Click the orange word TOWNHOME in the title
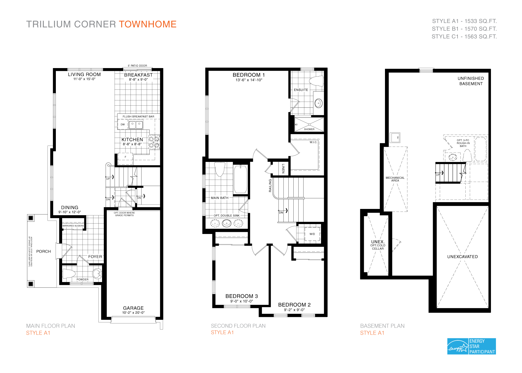point(148,24)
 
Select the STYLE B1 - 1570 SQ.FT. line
point(464,29)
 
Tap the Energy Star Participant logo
point(471,346)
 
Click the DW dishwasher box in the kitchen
point(123,124)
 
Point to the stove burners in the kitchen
point(154,142)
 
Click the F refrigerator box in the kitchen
point(125,157)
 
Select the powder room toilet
point(69,274)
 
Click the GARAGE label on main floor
point(133,308)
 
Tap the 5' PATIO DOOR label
point(137,66)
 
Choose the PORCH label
point(44,251)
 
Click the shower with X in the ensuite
point(309,124)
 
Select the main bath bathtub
point(240,179)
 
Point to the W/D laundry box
point(312,234)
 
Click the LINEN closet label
point(283,169)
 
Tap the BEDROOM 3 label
point(241,296)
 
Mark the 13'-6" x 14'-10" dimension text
point(249,80)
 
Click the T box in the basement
point(395,137)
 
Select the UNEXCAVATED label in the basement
point(462,257)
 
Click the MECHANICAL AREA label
point(395,179)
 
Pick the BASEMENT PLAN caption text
point(382,326)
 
